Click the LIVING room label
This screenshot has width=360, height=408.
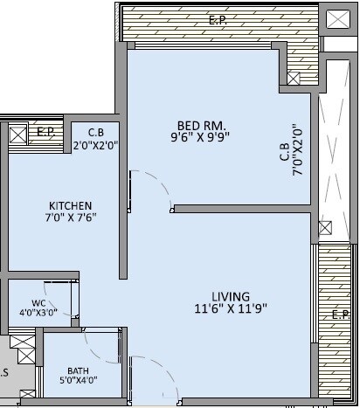click(x=230, y=296)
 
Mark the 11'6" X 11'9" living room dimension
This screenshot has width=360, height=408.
click(x=230, y=308)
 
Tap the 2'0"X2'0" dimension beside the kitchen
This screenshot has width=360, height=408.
click(x=94, y=146)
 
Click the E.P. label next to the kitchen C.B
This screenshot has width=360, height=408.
click(x=46, y=133)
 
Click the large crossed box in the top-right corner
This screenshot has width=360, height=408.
click(x=336, y=18)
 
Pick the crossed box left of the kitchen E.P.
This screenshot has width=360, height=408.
click(x=17, y=135)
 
